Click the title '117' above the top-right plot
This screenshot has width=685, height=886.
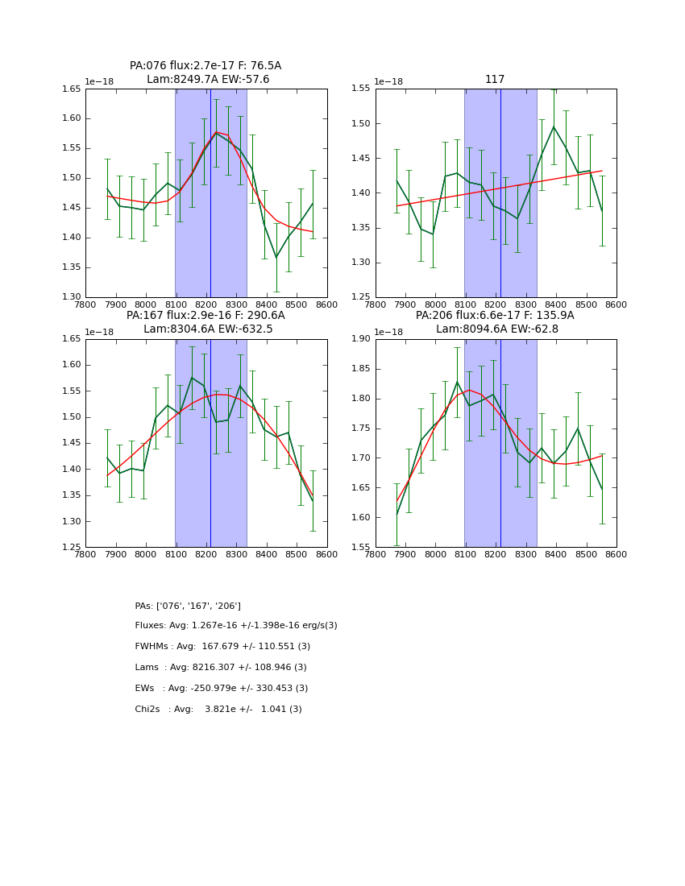click(x=495, y=80)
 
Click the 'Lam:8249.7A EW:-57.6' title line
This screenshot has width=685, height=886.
click(x=208, y=80)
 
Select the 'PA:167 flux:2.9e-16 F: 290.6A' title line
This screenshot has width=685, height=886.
click(x=205, y=316)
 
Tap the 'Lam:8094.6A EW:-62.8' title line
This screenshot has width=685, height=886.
click(x=496, y=329)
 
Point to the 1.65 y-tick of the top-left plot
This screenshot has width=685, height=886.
click(x=72, y=89)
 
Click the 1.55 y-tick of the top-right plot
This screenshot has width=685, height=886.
click(x=362, y=89)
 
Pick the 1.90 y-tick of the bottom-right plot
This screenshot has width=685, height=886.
click(x=362, y=339)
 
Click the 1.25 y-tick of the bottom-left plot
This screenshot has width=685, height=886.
click(x=72, y=548)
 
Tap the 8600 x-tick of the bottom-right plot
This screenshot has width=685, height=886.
click(x=616, y=555)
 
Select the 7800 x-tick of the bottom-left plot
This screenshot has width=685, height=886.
click(x=85, y=555)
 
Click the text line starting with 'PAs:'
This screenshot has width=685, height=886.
click(x=188, y=606)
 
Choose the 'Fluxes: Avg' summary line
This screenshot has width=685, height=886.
click(x=236, y=626)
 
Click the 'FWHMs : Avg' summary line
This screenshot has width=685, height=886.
click(x=222, y=647)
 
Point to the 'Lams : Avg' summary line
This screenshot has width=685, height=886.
click(x=221, y=668)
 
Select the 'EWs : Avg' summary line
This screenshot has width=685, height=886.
click(x=222, y=689)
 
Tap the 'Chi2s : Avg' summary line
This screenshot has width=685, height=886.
click(x=218, y=710)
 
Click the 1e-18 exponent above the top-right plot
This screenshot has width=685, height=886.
click(x=388, y=82)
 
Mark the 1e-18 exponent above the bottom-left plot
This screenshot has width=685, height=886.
click(x=98, y=332)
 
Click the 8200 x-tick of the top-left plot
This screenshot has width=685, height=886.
click(x=206, y=305)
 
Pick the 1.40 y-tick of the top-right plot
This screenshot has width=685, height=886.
click(x=362, y=193)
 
